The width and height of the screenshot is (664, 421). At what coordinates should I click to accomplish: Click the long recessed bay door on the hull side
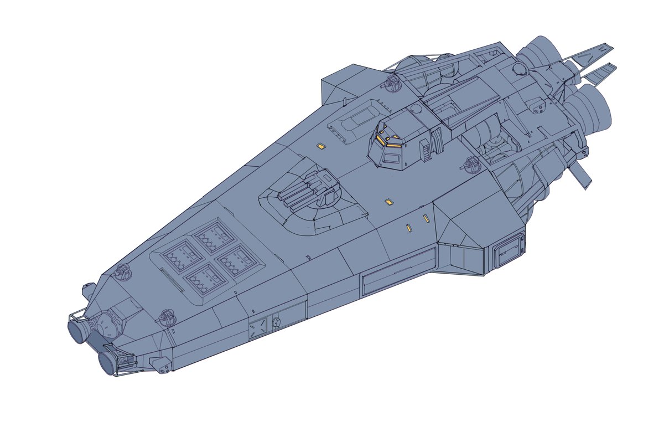(x=398, y=270)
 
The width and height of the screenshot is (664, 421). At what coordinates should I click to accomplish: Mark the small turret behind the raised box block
(x=392, y=83)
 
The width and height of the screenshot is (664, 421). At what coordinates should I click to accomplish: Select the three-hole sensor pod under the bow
(x=161, y=365)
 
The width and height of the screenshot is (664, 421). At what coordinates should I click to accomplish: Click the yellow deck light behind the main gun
(x=388, y=203)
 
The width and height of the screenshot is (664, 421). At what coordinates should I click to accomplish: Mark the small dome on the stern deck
(x=518, y=69)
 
